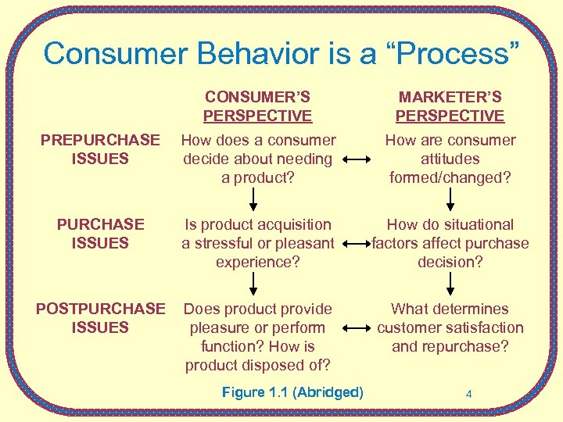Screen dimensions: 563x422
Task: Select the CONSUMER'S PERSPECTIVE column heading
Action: coord(257,107)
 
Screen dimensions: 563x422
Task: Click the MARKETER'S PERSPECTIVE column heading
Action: coord(450,107)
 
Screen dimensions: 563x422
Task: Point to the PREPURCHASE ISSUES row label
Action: coord(100,149)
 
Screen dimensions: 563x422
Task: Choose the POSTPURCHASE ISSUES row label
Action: coord(100,318)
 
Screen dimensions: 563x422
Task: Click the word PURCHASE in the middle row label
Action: coord(100,224)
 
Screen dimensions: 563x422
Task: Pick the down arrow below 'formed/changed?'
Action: coord(450,199)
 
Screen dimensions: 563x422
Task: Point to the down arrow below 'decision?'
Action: coord(450,284)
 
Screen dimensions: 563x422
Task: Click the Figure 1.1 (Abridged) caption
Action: coord(292,392)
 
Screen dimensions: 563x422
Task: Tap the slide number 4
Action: coord(468,394)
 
